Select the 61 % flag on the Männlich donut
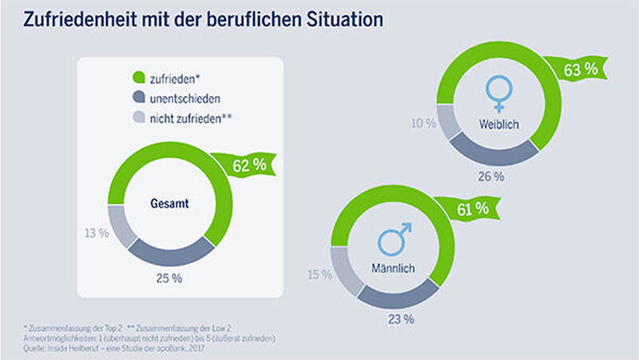click(471, 209)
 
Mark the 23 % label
click(401, 319)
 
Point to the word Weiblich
click(500, 125)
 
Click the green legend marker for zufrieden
click(137, 77)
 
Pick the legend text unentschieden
click(186, 98)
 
